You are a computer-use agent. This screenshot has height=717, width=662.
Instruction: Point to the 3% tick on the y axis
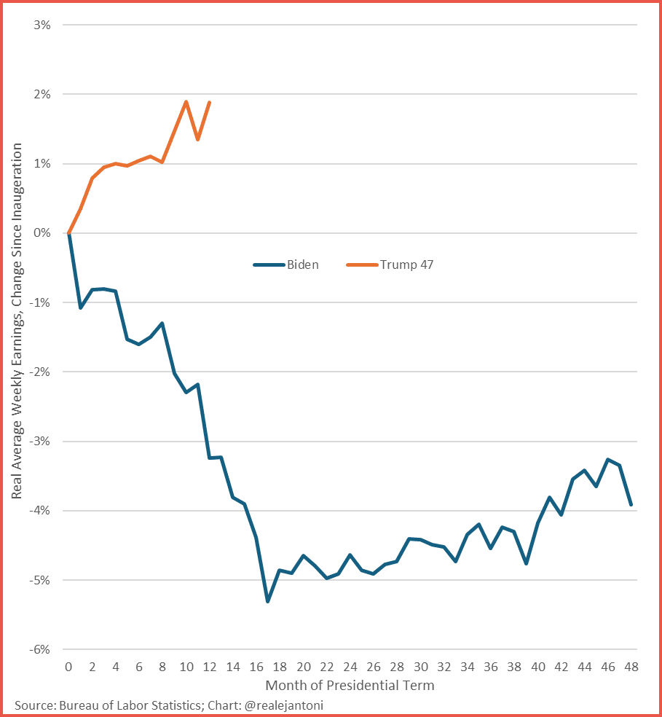coord(41,25)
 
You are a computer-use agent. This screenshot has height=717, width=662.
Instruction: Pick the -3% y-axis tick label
coord(39,442)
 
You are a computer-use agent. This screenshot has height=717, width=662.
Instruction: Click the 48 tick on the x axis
coord(631,667)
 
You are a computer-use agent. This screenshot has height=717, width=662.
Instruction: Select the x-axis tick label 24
coord(350,667)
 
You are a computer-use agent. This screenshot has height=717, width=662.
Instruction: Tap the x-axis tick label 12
coord(209,667)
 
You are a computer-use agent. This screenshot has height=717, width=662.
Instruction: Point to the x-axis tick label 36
coord(491,667)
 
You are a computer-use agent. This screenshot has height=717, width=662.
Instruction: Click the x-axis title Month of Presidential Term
coord(350,686)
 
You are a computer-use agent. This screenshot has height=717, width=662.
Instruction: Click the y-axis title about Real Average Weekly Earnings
coord(16,321)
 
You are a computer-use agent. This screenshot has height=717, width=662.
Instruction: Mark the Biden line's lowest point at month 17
coord(268,601)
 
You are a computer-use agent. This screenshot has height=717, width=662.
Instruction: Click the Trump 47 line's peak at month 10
coord(186,102)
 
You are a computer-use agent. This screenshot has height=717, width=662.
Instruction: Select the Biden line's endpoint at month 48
coord(631,504)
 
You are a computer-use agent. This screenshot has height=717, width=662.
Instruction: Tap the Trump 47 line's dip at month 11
coord(197,139)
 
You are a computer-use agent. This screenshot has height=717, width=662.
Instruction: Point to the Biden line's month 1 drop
coord(80,307)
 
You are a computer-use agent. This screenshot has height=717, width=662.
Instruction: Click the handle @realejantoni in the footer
coord(283,706)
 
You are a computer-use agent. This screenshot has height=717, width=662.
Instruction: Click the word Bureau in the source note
coord(80,706)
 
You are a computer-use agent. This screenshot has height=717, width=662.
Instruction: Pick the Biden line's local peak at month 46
coord(608,460)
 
